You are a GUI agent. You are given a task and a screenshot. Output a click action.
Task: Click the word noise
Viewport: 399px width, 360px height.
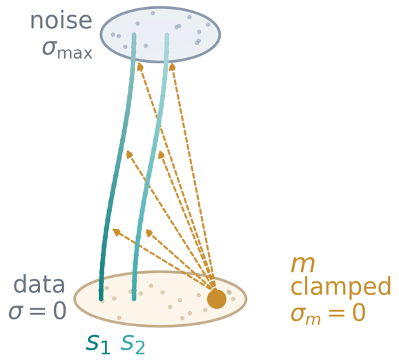61,21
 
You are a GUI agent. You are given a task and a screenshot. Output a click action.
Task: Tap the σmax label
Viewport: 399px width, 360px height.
67,50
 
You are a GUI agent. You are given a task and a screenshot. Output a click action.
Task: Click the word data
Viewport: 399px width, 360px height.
39,283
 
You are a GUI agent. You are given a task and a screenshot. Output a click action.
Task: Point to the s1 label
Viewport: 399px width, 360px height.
98,344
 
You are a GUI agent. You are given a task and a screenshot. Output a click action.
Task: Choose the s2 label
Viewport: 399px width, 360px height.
133,344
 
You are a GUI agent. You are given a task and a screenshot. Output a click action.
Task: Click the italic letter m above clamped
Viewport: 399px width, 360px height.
303,264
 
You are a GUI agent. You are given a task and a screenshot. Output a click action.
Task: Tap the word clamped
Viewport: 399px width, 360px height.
340,286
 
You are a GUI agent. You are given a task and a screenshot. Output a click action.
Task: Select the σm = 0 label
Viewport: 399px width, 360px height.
329,313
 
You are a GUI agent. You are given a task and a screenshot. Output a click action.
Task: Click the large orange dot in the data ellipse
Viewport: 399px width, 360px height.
217,299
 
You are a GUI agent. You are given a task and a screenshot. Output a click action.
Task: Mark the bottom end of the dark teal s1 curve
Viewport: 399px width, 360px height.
101,299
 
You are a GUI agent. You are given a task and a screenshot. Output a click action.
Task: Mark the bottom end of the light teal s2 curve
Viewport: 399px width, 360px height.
134,299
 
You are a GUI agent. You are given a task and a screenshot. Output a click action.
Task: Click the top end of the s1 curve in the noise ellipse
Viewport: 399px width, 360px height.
134,34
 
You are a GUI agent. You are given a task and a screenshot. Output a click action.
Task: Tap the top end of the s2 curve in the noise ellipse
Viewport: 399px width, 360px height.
167,34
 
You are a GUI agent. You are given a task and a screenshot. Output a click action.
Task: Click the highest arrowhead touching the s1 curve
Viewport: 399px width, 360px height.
139,67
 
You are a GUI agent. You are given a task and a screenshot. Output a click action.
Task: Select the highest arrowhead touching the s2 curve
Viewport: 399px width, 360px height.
173,67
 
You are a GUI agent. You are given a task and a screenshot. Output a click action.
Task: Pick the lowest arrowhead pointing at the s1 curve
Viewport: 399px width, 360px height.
116,232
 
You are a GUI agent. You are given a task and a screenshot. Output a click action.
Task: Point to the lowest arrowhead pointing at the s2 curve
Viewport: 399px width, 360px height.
149,232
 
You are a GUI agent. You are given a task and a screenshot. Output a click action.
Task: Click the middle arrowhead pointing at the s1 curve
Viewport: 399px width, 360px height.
130,154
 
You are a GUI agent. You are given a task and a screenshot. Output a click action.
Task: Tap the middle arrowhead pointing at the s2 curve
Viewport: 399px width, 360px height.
162,154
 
